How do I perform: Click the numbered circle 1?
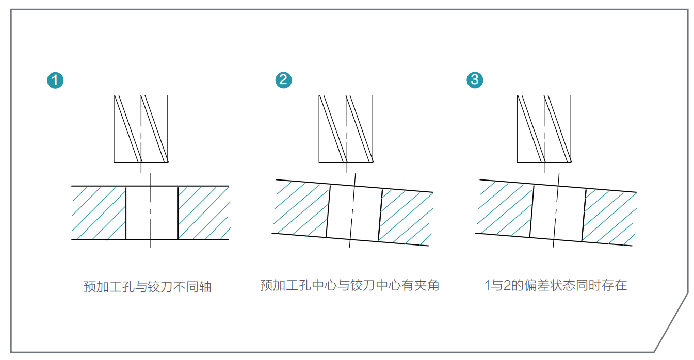(55, 80)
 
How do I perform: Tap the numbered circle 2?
(283, 80)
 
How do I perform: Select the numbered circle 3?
(475, 80)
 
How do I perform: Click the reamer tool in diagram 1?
(141, 129)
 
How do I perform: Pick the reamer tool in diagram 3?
(544, 129)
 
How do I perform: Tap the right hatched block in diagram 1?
(203, 213)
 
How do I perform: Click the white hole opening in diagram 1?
(152, 213)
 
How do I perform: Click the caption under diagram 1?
(148, 287)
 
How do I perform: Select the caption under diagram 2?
(349, 285)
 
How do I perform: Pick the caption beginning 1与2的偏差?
(555, 285)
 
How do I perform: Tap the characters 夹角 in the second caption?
(426, 285)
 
